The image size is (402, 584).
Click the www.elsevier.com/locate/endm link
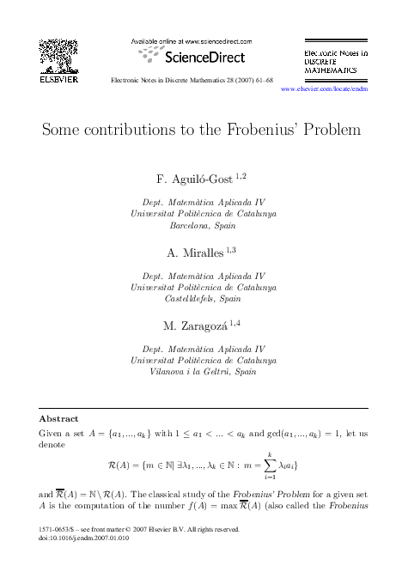(331, 88)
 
